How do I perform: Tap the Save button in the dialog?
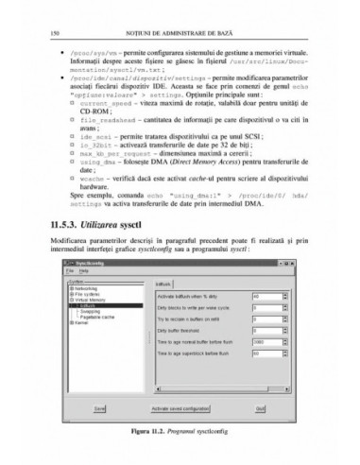(100, 408)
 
